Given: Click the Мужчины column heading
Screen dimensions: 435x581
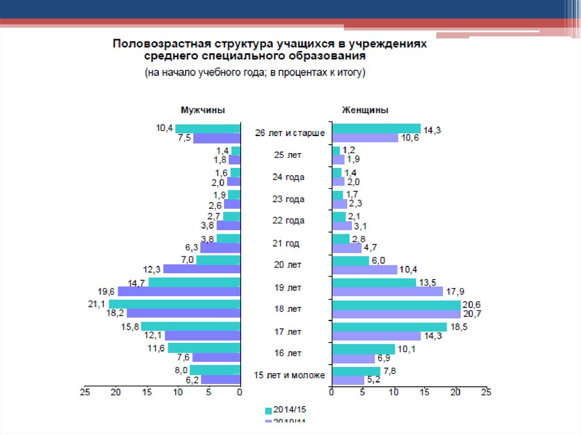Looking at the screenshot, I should coord(202,110).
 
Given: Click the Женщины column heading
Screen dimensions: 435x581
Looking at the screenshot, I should coord(365,110).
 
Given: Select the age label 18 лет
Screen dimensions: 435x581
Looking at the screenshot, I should coord(287,309).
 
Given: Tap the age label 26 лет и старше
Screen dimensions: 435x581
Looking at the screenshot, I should coord(289,133).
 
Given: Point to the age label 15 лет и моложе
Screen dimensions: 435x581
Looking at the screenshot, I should coord(289,375).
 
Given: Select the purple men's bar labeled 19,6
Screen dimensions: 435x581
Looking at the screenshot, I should coord(179,292).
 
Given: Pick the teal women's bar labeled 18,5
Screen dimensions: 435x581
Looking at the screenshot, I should coord(389,327).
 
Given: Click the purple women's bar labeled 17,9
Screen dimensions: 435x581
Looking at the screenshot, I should coord(387,292).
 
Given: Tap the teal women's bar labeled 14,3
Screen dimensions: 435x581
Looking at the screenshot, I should coord(376,128).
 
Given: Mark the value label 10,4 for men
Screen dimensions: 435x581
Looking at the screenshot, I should coord(165,128).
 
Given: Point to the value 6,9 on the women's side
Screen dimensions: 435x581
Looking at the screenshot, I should coord(384,359).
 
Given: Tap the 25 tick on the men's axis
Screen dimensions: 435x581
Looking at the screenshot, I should coord(85,392).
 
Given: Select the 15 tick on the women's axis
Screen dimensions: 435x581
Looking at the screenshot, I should coord(424,392).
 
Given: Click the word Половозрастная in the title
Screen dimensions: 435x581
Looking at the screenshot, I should coord(157,44).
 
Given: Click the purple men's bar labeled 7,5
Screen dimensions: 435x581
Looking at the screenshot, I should coord(216,138).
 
